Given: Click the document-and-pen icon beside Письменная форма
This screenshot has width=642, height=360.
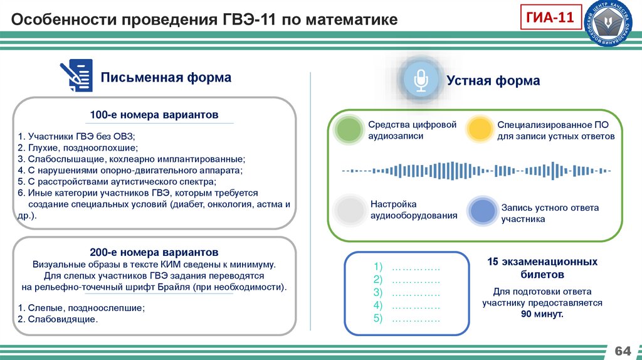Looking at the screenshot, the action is [x=76, y=76].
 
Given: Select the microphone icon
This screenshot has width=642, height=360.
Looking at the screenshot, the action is [x=419, y=80].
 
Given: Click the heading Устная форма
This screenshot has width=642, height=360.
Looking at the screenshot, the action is [x=493, y=81].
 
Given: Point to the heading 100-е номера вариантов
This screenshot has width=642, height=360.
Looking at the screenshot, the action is [x=154, y=115].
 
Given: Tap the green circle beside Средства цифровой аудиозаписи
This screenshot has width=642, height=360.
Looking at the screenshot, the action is [x=348, y=130].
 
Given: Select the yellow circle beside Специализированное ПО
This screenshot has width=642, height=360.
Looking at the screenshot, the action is [x=480, y=130].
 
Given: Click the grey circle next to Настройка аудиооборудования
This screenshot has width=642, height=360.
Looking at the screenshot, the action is [x=348, y=211].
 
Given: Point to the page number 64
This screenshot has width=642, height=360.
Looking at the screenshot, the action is [x=623, y=349].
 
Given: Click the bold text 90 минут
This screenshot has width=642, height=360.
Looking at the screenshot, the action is [x=542, y=314].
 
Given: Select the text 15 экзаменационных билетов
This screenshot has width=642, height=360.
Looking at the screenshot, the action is [x=542, y=268].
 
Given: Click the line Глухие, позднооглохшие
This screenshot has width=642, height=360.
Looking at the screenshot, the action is [x=78, y=147].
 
